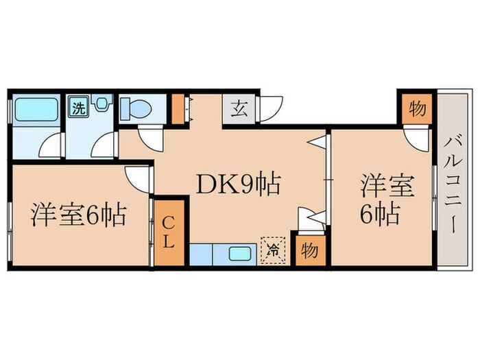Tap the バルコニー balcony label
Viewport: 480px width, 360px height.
[x=452, y=185]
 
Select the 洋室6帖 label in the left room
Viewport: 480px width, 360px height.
[x=77, y=216]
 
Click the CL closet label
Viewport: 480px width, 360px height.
[x=169, y=232]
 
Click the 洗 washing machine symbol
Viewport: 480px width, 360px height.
[x=79, y=107]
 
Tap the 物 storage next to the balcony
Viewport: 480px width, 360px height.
[x=416, y=109]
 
